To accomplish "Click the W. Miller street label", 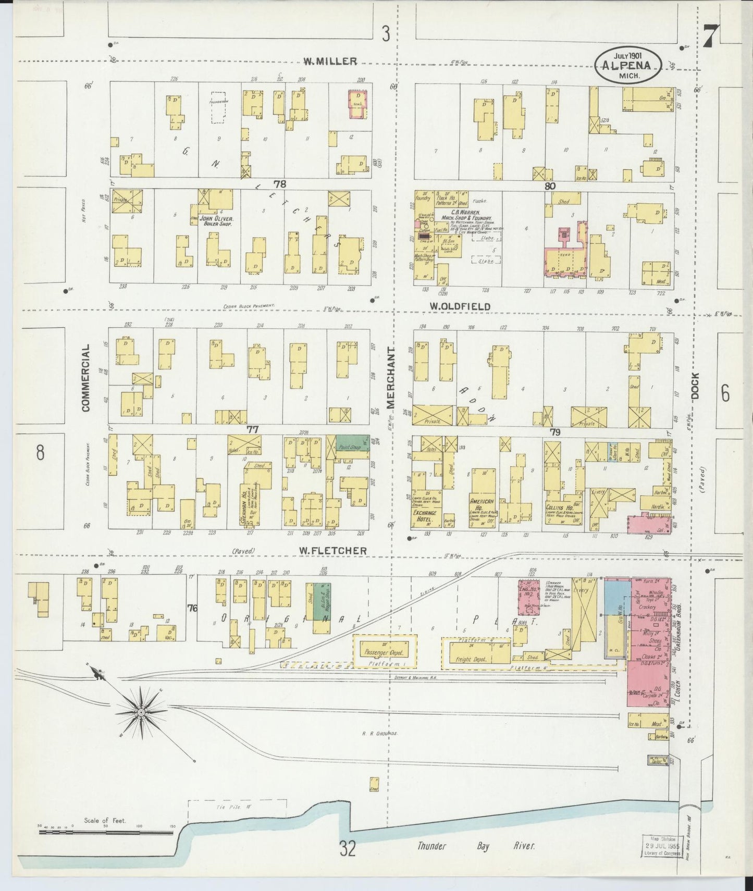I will [330, 61].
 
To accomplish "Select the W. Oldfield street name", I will [460, 306].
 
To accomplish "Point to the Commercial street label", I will [85, 377].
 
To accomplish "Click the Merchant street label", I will [391, 378].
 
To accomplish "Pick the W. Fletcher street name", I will [332, 550].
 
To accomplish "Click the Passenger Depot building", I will [385, 651].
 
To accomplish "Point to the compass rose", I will [141, 711].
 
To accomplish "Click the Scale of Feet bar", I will [107, 833].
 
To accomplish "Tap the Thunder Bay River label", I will [475, 846].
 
